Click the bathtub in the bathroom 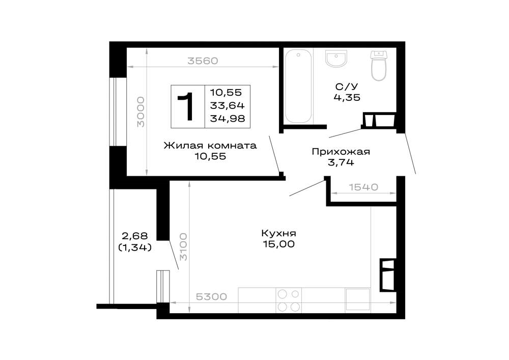[298, 86]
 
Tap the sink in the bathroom [336, 59]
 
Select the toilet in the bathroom [379, 66]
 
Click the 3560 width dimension [203, 61]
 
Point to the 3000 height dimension [140, 112]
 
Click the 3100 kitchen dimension [183, 247]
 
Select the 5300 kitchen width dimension [211, 297]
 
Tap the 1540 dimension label [363, 187]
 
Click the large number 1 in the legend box [187, 106]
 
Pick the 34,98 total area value [227, 119]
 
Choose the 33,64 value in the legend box [227, 105]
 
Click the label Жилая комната [210, 146]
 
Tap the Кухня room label [279, 233]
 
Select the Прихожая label [341, 152]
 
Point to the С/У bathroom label [347, 87]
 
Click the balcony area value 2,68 [135, 236]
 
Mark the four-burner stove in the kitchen [289, 300]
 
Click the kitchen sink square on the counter [358, 299]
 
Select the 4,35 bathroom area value [347, 97]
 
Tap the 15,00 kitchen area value [279, 244]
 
